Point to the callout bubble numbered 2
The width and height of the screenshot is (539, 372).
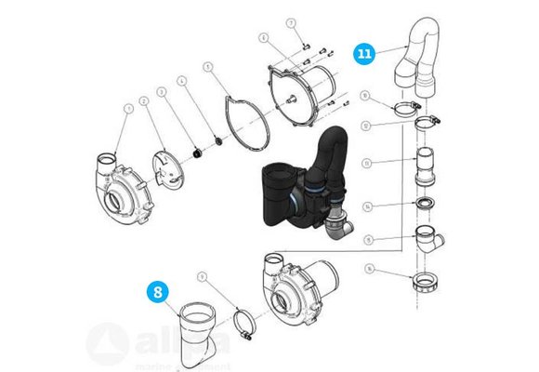[144, 100]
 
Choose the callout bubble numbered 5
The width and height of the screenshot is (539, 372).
[209, 66]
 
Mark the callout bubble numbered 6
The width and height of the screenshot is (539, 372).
[264, 38]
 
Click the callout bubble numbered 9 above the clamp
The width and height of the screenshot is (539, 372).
[202, 276]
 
